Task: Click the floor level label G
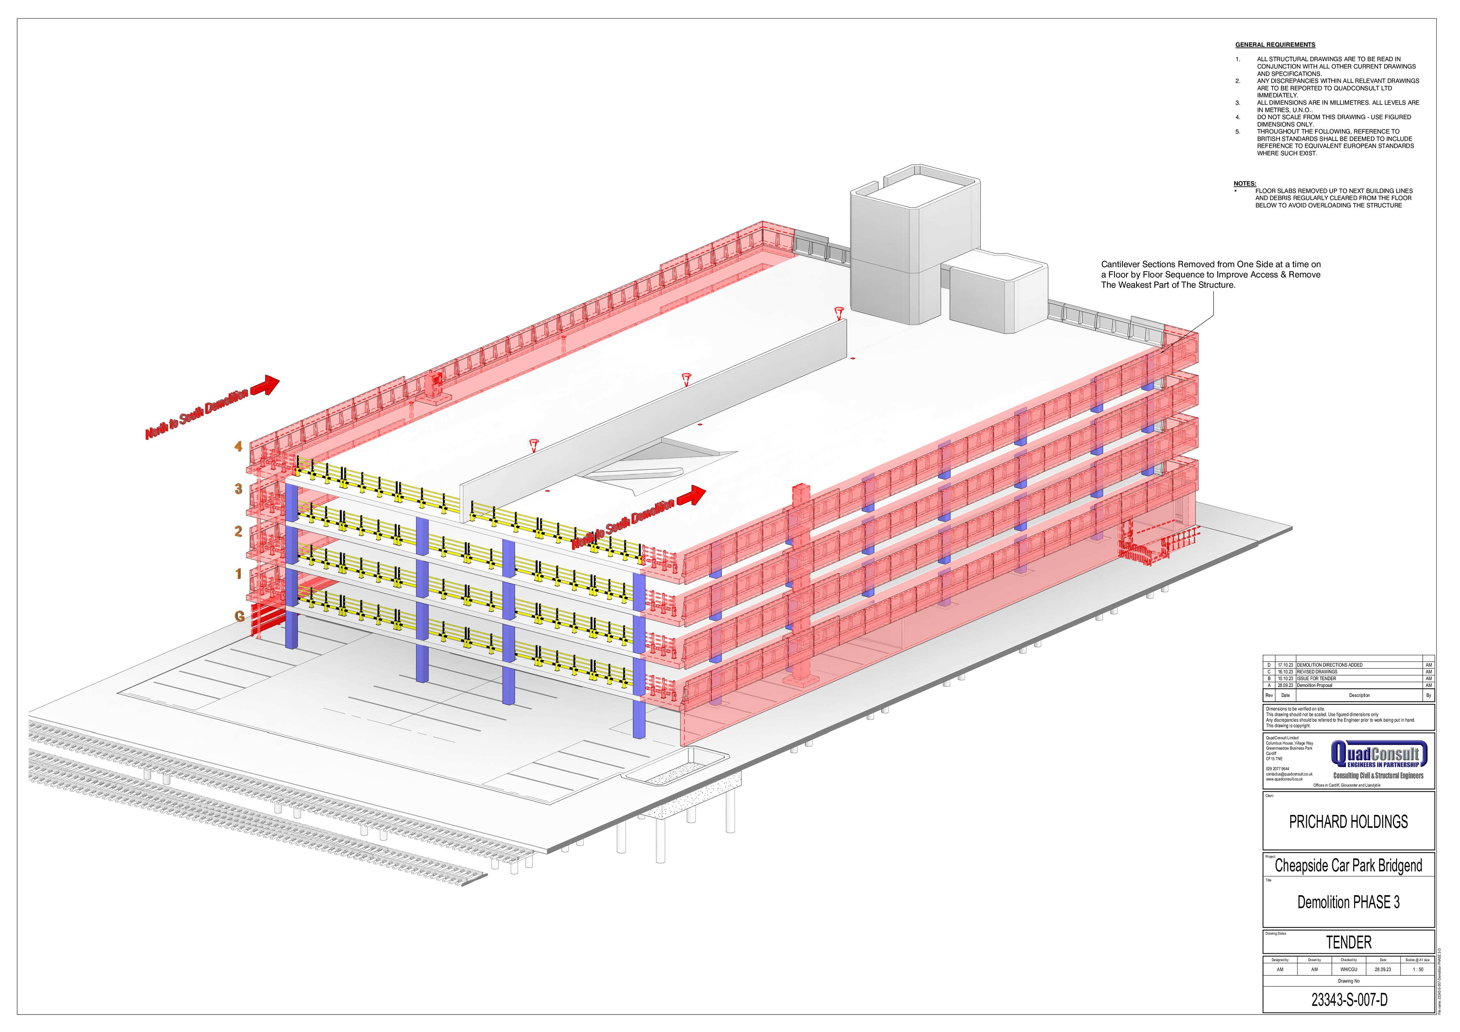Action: [239, 616]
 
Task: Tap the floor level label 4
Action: [238, 446]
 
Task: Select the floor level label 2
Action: [238, 531]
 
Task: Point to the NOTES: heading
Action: [1244, 184]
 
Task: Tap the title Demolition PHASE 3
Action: [1348, 902]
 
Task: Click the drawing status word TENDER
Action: [1348, 942]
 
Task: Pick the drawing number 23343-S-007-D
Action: [1348, 1000]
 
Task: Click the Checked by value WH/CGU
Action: [1348, 970]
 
